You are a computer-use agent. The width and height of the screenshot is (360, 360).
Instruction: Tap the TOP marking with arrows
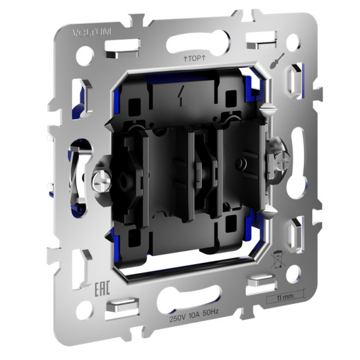(194, 59)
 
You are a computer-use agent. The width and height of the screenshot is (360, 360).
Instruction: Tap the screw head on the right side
(283, 161)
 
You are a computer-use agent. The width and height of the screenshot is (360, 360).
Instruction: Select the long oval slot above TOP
(197, 42)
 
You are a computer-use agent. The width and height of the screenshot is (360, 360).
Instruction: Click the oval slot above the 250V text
(187, 299)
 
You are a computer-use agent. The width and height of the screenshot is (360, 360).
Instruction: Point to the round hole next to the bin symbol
(292, 272)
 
